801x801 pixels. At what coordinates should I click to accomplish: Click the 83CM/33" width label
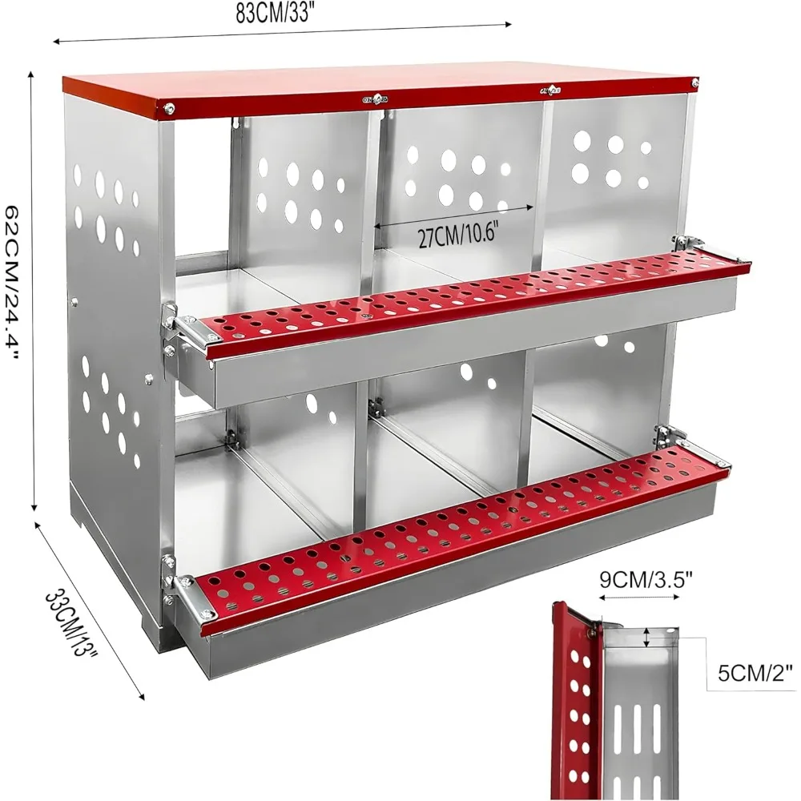click(x=273, y=14)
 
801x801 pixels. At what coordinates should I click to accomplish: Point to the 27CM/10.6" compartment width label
click(x=457, y=235)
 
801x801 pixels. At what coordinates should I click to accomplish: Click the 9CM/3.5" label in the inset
click(x=646, y=580)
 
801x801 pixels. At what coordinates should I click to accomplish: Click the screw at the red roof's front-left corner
click(x=168, y=108)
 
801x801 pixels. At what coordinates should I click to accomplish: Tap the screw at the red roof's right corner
click(x=694, y=83)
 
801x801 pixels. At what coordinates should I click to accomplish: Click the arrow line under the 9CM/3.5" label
click(x=639, y=597)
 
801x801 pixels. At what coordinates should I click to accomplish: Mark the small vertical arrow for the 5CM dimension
click(x=646, y=638)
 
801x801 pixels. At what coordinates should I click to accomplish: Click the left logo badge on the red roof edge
click(x=377, y=97)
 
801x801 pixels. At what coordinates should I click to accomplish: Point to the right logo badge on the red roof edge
click(x=550, y=91)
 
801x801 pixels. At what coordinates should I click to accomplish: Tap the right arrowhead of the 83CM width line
click(x=508, y=23)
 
